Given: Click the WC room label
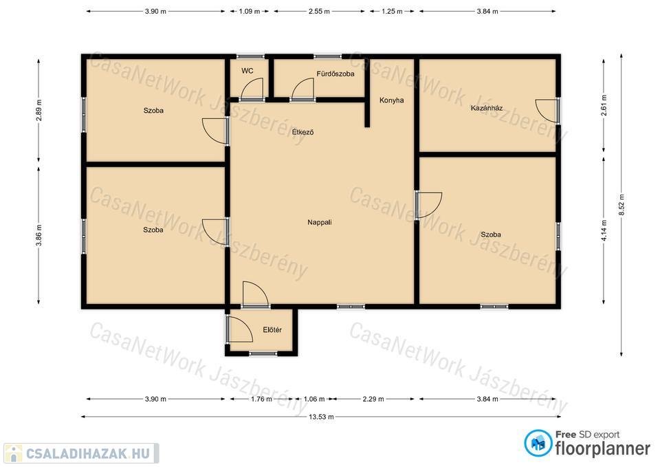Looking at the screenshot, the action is [247, 71].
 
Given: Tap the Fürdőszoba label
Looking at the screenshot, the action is [335, 74].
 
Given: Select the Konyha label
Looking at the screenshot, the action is [391, 100].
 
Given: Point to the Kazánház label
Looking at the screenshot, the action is [487, 108].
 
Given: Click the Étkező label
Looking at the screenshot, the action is [302, 132].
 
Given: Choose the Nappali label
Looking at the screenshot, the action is [320, 222].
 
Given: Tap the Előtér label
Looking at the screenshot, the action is [272, 329].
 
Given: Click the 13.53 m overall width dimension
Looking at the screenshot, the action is [321, 417].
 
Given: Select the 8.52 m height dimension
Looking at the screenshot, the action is [621, 205].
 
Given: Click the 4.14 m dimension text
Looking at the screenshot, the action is [604, 230].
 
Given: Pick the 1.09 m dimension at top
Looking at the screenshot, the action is [249, 12].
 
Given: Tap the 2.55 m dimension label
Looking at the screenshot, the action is [319, 12].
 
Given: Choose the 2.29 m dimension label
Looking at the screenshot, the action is [373, 399].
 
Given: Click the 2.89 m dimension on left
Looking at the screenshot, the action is [38, 110].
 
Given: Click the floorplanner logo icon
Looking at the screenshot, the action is [538, 443].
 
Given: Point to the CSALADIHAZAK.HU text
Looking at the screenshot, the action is [88, 453].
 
